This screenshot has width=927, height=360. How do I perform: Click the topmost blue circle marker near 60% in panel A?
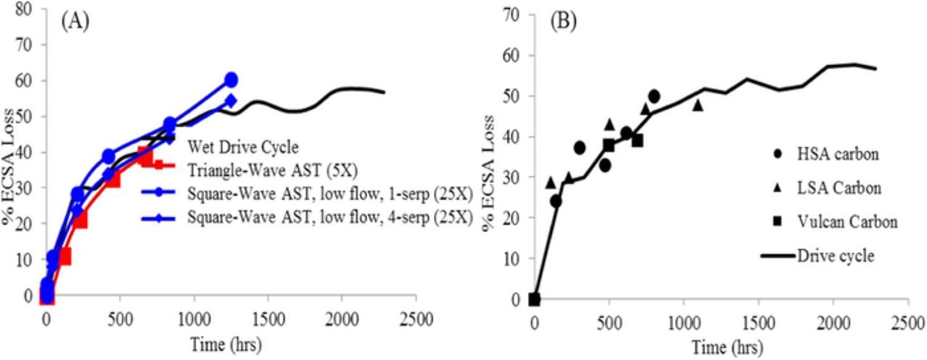tap(231, 80)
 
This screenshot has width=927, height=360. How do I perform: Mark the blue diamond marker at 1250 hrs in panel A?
tap(231, 100)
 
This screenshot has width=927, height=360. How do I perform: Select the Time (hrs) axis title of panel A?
tap(227, 342)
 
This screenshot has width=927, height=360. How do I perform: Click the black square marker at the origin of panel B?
tap(534, 299)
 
